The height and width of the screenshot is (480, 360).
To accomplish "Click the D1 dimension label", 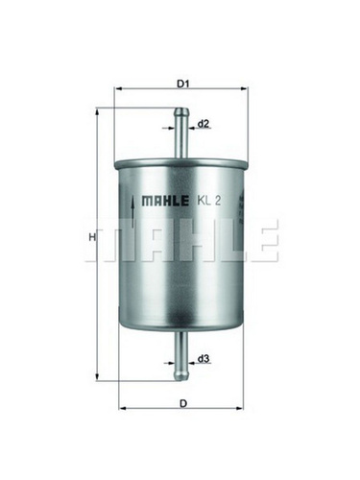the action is (183, 84).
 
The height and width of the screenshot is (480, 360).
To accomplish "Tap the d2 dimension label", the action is (204, 124).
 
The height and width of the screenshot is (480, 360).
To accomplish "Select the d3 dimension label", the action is (204, 359).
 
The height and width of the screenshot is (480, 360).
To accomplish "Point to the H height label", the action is (92, 237).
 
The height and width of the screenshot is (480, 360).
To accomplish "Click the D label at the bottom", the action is (183, 404).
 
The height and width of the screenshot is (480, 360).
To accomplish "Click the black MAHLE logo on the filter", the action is (165, 201).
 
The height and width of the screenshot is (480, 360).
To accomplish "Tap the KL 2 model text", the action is (208, 201).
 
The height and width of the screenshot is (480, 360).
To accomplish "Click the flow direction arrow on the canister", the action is (132, 210).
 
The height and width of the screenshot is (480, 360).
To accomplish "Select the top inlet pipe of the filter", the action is (181, 132).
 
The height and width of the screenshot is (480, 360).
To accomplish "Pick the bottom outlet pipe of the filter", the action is (181, 356).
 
